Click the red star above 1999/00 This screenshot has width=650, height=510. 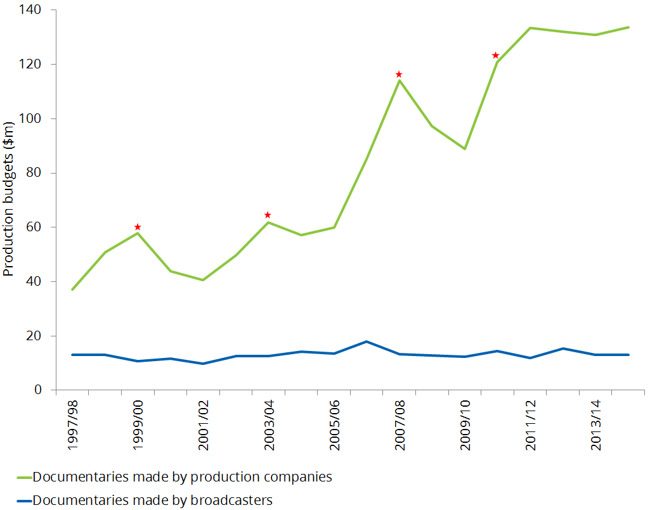pyautogui.click(x=137, y=227)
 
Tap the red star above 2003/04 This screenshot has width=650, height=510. pyautogui.click(x=268, y=215)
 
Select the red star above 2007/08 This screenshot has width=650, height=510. pyautogui.click(x=399, y=74)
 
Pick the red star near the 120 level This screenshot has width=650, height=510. pyautogui.click(x=496, y=55)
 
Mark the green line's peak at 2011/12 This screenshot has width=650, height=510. pyautogui.click(x=530, y=28)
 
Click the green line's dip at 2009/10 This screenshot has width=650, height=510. pyautogui.click(x=465, y=149)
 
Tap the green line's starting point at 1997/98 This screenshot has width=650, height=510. pyautogui.click(x=72, y=290)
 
